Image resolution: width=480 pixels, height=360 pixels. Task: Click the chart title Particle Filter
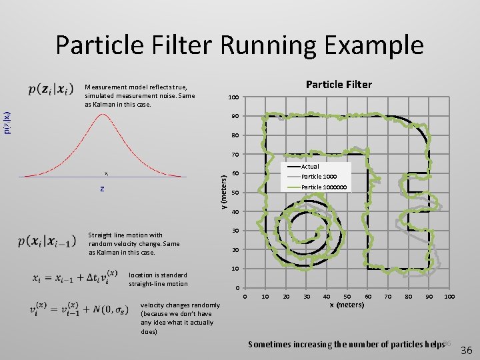click(x=338, y=84)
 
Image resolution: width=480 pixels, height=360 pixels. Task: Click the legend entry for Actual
click(x=310, y=166)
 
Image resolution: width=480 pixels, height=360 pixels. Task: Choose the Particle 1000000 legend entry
click(x=324, y=187)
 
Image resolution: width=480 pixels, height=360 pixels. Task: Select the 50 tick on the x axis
click(x=347, y=296)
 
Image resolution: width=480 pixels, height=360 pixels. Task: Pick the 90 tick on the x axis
click(x=429, y=296)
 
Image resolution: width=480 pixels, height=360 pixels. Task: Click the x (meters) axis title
click(x=347, y=305)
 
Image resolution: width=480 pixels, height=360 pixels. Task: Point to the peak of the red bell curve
click(x=102, y=115)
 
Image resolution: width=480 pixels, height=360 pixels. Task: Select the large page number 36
click(x=467, y=350)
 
